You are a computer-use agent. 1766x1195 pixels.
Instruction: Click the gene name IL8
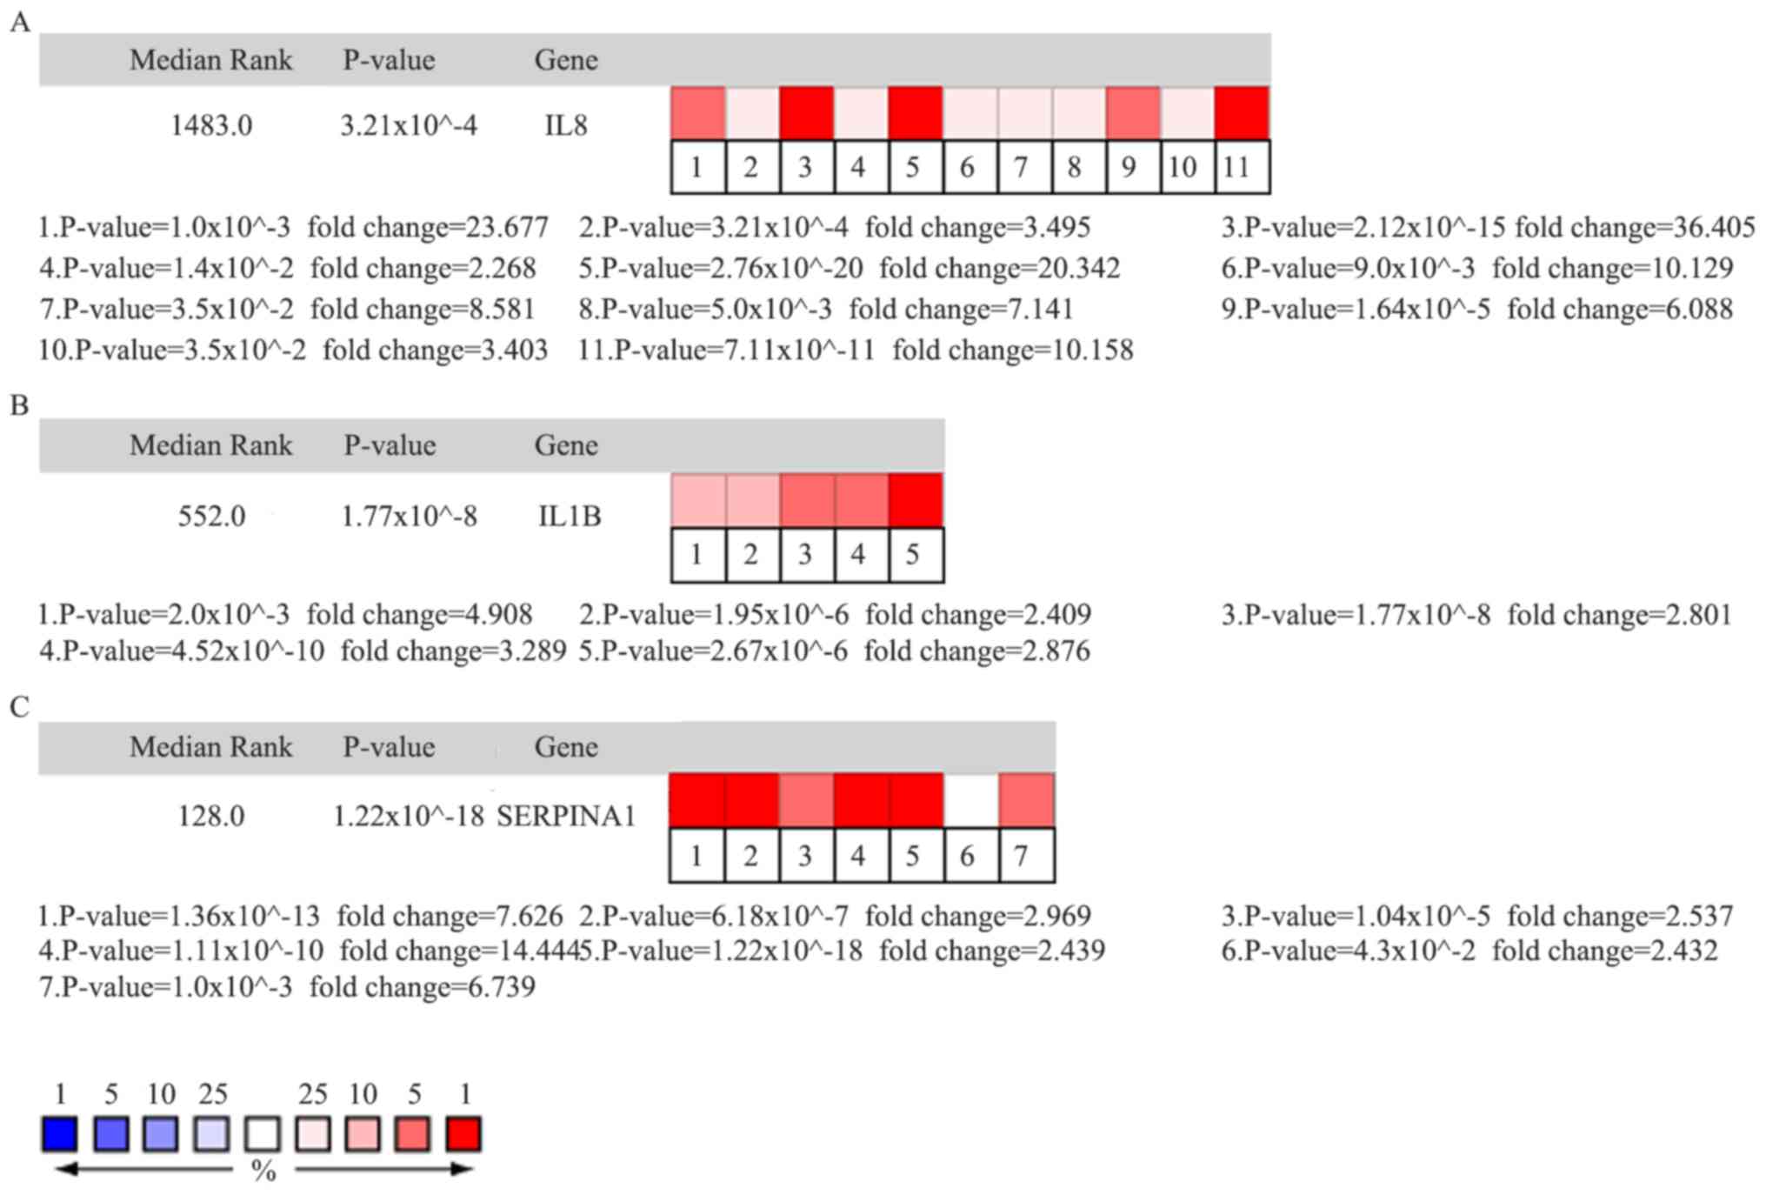pyautogui.click(x=565, y=125)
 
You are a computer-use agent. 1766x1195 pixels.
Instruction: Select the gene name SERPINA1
pyautogui.click(x=566, y=816)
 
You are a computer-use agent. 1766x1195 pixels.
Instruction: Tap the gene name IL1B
pyautogui.click(x=570, y=517)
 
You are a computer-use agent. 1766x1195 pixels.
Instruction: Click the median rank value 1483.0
pyautogui.click(x=211, y=125)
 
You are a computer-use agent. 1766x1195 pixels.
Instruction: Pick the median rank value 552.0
pyautogui.click(x=211, y=517)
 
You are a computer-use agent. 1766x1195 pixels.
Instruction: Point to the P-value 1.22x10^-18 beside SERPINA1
pyautogui.click(x=408, y=816)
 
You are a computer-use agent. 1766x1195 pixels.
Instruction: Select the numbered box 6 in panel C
pyautogui.click(x=967, y=856)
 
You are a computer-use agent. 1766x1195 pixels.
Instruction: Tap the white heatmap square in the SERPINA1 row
pyautogui.click(x=970, y=799)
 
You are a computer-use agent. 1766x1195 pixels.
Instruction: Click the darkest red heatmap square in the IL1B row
pyautogui.click(x=916, y=500)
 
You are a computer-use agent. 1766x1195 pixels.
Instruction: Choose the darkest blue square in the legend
pyautogui.click(x=60, y=1134)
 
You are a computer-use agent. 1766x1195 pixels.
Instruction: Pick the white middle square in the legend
pyautogui.click(x=263, y=1134)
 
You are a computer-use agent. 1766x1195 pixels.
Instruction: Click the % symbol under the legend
pyautogui.click(x=263, y=1172)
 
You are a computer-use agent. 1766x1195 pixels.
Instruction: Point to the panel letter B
pyautogui.click(x=19, y=405)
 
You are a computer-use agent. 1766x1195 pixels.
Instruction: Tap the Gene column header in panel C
pyautogui.click(x=565, y=747)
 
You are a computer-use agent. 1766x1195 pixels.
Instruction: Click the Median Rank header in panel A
pyautogui.click(x=210, y=60)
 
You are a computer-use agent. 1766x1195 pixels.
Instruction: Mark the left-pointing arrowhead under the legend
pyautogui.click(x=66, y=1169)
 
